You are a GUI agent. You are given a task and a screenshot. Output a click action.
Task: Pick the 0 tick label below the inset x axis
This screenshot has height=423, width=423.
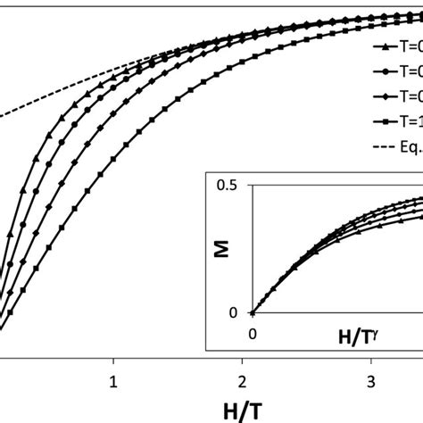[253, 331]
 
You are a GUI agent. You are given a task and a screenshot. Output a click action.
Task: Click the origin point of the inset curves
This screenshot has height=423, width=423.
[253, 312]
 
